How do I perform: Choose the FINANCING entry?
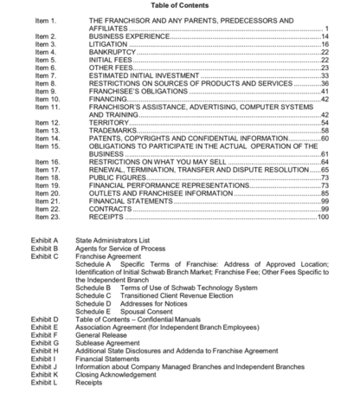click(111, 99)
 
